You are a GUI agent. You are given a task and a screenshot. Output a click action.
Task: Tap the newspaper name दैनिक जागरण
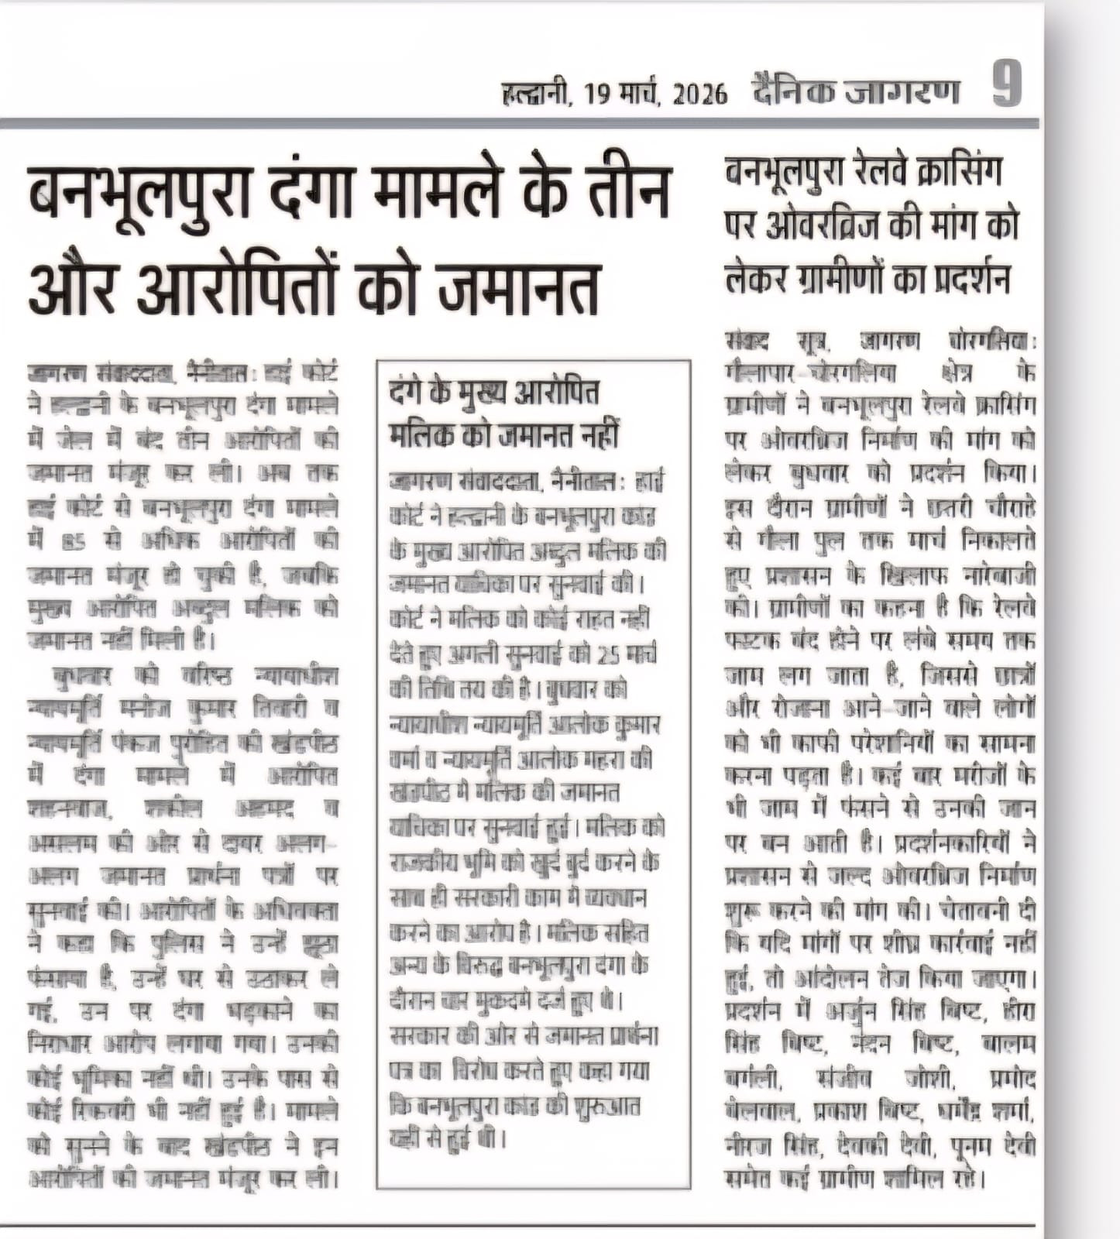point(856,91)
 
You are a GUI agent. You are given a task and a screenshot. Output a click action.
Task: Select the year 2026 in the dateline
point(700,94)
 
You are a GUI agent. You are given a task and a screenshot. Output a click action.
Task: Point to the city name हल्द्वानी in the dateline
point(536,94)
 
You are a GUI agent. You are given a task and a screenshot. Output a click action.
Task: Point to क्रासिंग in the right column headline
point(968,172)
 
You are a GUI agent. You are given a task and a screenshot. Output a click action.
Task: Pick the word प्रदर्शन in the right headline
point(966,277)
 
